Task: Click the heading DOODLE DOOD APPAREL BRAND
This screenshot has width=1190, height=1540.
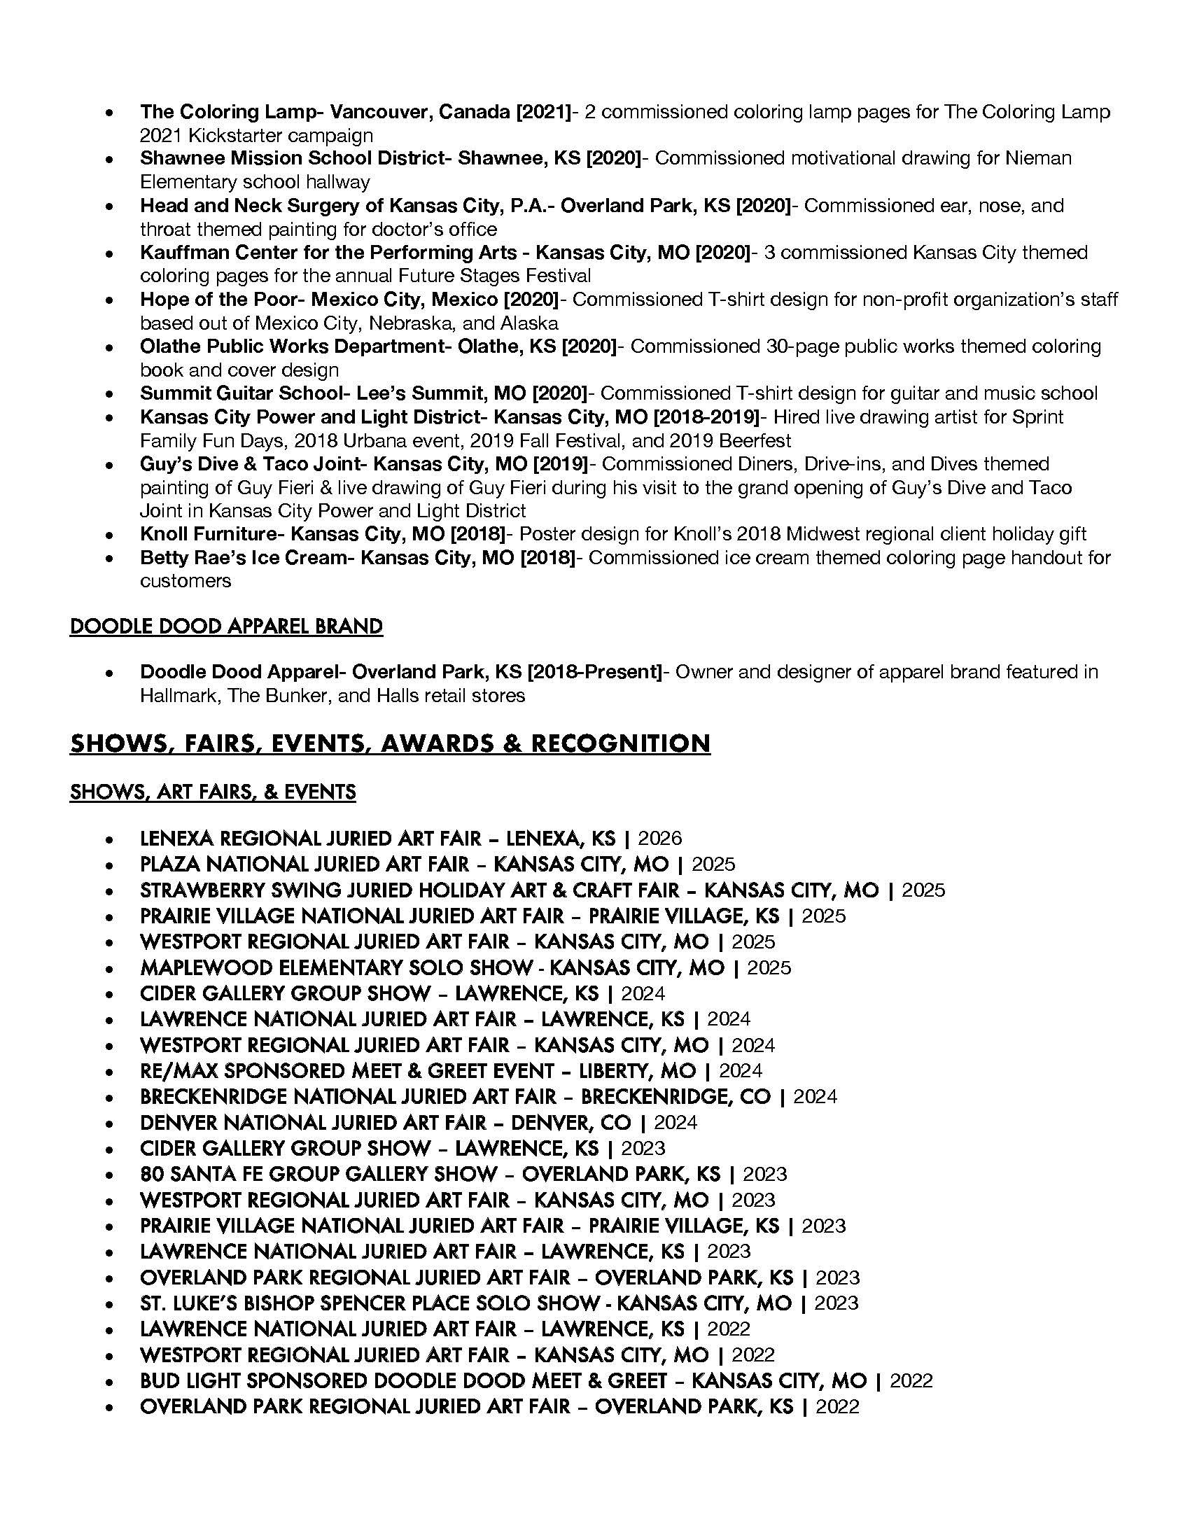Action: pos(225,626)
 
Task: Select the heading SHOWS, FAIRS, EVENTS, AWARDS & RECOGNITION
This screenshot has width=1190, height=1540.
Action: pos(389,743)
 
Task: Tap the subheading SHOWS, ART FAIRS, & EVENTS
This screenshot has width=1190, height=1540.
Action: pos(212,792)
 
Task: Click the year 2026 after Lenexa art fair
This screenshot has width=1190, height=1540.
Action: pos(660,838)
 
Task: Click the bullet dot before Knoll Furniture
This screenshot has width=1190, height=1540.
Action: pos(109,535)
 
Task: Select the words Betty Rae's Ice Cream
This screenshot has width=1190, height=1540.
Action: pos(243,558)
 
